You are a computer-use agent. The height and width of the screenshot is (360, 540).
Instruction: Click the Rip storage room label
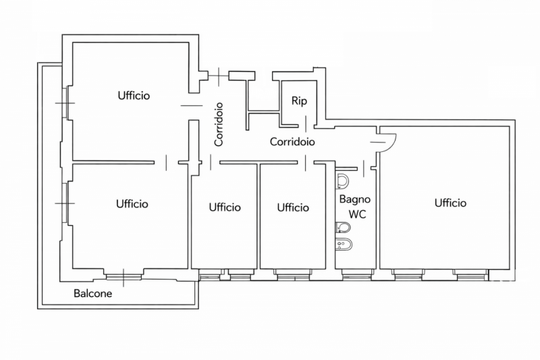click(299, 101)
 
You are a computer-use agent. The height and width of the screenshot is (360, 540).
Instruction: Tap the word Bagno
click(354, 199)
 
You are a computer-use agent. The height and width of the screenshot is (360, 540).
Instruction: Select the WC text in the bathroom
click(356, 214)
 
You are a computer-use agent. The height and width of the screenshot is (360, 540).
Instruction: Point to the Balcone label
click(93, 294)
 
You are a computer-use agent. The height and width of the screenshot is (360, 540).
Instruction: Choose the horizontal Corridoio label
click(292, 142)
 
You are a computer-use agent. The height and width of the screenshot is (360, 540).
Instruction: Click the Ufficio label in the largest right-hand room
click(450, 203)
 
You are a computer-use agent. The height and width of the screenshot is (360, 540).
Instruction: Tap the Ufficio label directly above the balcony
click(132, 203)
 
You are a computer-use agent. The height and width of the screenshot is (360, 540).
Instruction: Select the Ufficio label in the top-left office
click(133, 95)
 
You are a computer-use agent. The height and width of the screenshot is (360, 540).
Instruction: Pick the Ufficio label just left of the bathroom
click(293, 207)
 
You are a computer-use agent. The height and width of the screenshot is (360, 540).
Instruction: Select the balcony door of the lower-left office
click(124, 274)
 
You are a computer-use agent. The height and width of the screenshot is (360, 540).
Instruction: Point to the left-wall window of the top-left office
click(65, 103)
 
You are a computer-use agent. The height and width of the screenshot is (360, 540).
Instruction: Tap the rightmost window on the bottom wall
click(470, 274)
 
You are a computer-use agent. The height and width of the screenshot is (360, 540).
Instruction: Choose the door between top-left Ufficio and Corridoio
click(192, 105)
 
